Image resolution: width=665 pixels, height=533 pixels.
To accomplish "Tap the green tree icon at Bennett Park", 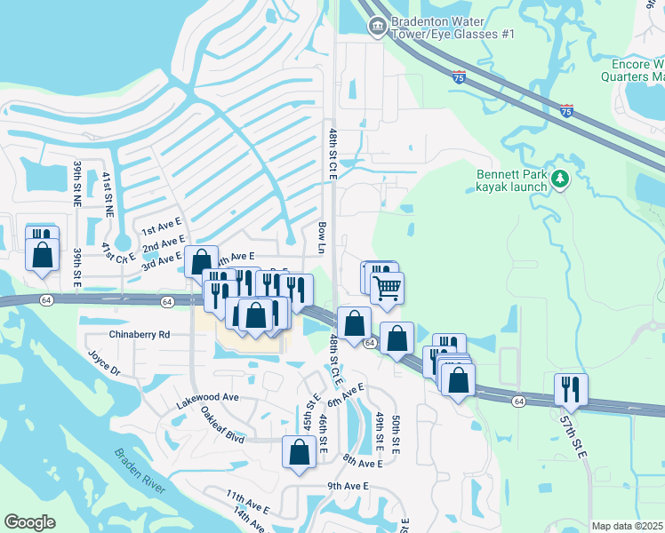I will pyautogui.click(x=560, y=180).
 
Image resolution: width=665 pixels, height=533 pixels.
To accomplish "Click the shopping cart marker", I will pyautogui.click(x=388, y=288).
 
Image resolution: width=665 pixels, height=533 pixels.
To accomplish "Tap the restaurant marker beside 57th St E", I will pyautogui.click(x=569, y=389).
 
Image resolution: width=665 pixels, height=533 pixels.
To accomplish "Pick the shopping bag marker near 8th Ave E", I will pyautogui.click(x=300, y=451).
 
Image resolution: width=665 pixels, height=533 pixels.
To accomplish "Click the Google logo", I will pyautogui.click(x=29, y=522).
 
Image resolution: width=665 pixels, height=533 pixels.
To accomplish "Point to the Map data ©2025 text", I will pyautogui.click(x=628, y=526).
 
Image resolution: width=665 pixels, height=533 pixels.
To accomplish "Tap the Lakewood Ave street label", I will pyautogui.click(x=207, y=397).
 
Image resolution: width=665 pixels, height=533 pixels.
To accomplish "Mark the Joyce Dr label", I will pyautogui.click(x=102, y=364).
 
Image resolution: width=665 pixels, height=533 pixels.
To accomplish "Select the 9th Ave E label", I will pyautogui.click(x=348, y=486).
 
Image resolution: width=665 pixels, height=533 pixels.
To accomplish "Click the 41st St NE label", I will pyautogui.click(x=108, y=195).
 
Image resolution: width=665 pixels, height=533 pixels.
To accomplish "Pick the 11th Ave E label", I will pyautogui.click(x=247, y=501).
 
